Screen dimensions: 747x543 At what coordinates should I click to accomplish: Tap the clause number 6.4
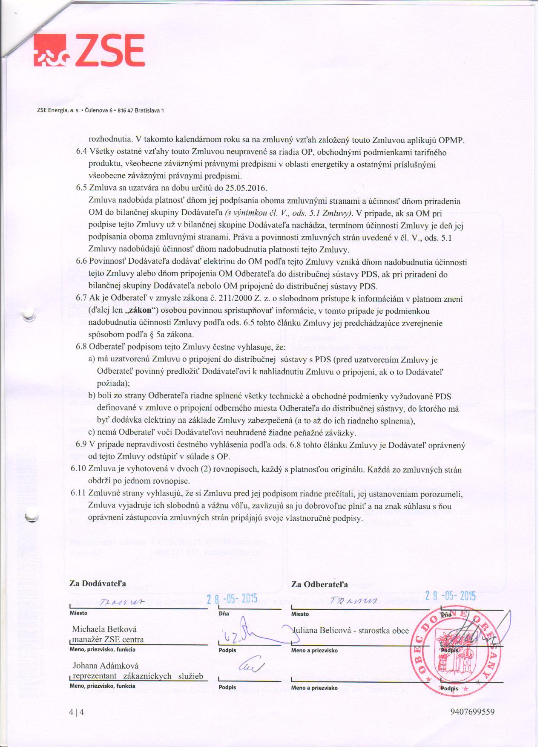pyautogui.click(x=82, y=152)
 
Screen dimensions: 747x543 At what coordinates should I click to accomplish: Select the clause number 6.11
pyautogui.click(x=79, y=493)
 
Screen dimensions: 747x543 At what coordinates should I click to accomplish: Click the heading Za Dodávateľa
pyautogui.click(x=98, y=583)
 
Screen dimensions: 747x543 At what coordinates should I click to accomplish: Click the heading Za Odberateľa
pyautogui.click(x=319, y=584)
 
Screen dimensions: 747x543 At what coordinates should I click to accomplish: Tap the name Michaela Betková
pyautogui.click(x=104, y=629)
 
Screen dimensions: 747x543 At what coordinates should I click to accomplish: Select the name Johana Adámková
pyautogui.click(x=106, y=666)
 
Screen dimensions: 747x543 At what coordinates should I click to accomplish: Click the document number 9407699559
pyautogui.click(x=472, y=712)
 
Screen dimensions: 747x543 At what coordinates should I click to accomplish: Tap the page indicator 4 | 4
pyautogui.click(x=77, y=712)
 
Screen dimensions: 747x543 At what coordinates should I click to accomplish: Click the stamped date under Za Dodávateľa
pyautogui.click(x=232, y=599)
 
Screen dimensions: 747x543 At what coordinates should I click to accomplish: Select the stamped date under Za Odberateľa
pyautogui.click(x=451, y=596)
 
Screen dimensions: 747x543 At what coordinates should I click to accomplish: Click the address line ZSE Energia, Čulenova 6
pyautogui.click(x=101, y=110)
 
